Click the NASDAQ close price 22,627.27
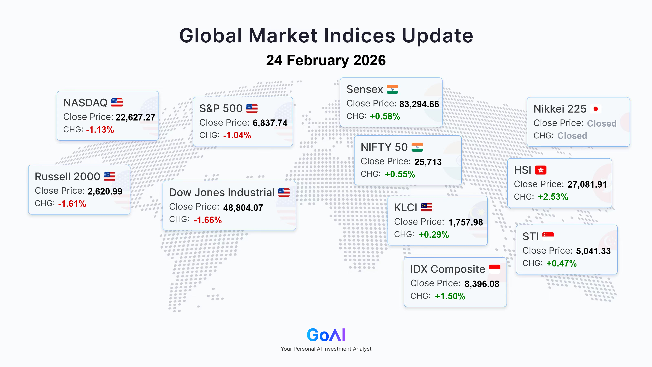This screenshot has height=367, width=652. [135, 117]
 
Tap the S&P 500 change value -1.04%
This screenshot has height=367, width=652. [237, 135]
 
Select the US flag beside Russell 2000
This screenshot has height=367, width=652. [110, 177]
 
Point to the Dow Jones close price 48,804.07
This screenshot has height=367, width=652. [243, 208]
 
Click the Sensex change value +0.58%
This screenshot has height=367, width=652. [385, 116]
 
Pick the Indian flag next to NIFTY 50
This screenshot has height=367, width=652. [417, 147]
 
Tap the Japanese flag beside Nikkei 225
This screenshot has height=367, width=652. [596, 109]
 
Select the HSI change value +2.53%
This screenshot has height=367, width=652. [553, 197]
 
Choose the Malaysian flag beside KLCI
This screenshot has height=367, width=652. [426, 207]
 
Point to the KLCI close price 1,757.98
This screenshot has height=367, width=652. [466, 222]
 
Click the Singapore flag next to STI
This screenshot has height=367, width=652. [548, 236]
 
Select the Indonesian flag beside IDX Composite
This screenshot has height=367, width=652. [495, 269]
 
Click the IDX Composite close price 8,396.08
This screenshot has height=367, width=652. [482, 284]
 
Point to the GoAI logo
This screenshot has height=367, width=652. [326, 335]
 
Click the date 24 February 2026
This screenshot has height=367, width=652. [326, 60]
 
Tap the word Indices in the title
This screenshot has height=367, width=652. [359, 35]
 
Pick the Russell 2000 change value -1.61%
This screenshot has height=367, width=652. [72, 204]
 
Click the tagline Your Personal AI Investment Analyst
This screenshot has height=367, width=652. [326, 349]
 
